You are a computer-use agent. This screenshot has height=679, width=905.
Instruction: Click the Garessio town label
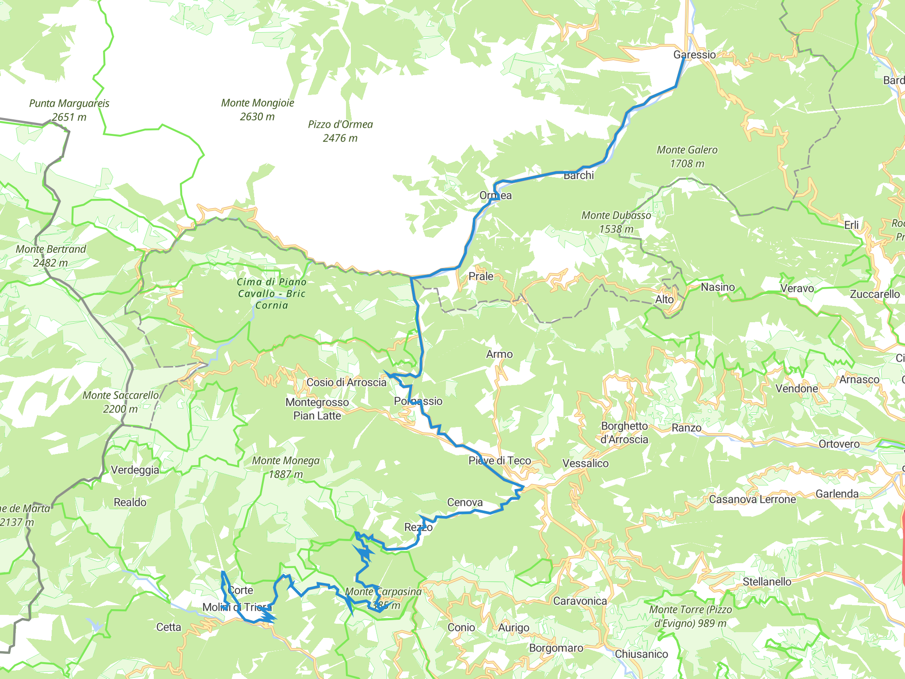694,55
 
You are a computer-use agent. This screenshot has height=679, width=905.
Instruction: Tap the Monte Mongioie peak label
258,110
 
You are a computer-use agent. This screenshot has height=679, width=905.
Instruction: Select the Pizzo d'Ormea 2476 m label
340,131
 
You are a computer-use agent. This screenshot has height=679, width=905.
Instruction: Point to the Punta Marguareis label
69,110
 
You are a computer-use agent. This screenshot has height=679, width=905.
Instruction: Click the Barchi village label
578,175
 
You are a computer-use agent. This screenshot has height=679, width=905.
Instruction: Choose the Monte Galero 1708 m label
687,156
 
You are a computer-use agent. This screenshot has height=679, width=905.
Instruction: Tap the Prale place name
481,276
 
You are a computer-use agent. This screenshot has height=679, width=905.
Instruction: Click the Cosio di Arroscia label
346,382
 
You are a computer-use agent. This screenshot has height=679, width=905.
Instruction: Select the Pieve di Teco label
499,461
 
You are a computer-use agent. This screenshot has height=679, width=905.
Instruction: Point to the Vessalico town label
585,463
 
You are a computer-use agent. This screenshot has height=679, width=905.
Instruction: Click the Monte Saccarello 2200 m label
120,402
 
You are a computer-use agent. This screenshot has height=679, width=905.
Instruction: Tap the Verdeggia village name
135,470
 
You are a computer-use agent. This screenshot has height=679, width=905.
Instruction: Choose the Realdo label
130,502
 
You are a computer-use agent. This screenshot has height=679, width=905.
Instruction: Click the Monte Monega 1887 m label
285,467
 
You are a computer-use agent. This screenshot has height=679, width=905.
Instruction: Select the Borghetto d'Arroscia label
624,433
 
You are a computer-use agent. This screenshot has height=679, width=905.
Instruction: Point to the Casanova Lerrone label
752,500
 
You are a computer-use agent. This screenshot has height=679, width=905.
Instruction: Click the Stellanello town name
767,582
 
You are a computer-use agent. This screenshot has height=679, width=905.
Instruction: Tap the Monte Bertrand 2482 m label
51,256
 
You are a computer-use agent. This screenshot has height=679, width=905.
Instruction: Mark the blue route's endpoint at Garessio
684,58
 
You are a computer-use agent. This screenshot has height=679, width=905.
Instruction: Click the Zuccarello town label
875,294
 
